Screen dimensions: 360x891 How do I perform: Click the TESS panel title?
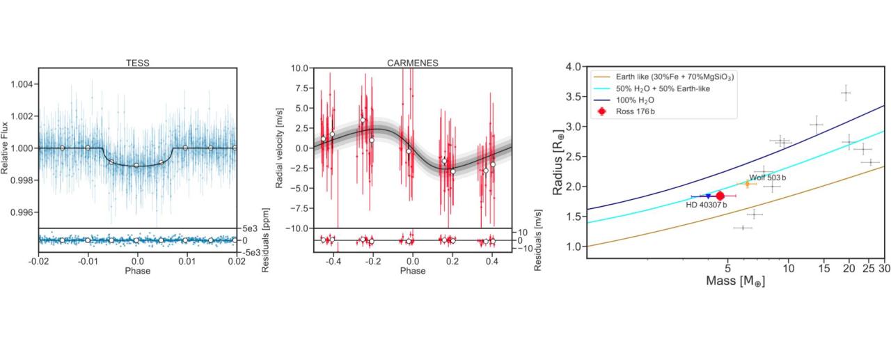(x=137, y=63)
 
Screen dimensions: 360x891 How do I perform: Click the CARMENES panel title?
(x=413, y=63)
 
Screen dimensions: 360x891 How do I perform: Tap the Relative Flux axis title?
(x=5, y=148)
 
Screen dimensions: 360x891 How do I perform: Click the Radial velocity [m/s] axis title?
(x=279, y=148)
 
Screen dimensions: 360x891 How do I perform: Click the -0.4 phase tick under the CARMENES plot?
(x=333, y=263)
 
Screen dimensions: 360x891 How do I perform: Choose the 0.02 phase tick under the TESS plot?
(x=237, y=263)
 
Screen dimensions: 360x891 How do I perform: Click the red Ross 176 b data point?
(x=720, y=196)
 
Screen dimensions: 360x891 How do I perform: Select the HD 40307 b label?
(x=706, y=205)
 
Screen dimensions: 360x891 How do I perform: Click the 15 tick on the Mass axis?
(x=824, y=267)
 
